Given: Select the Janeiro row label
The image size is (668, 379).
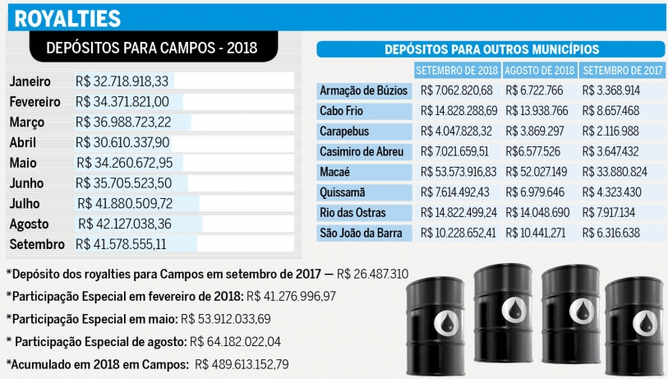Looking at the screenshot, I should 30,82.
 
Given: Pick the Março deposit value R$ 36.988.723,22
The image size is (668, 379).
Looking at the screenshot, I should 124,122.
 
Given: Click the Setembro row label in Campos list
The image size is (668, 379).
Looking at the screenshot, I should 36,245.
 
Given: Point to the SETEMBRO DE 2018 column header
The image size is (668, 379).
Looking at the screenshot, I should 457,70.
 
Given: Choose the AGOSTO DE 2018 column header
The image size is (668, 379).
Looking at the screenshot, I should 539,70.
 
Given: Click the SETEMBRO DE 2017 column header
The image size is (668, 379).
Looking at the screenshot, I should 620,70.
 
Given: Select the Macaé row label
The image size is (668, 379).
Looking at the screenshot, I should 336,172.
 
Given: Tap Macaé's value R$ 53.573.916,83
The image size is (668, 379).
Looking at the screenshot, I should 458,172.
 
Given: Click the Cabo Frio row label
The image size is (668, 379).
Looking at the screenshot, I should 343,110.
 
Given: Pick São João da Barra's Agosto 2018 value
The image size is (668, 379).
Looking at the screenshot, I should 537,233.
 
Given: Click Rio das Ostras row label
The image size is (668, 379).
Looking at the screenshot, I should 356,213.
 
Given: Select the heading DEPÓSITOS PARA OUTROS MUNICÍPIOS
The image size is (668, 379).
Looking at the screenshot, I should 491,49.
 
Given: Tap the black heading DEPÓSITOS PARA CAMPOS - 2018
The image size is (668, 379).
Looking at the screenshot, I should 151,48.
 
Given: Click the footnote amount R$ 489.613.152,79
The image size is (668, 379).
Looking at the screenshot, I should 242,363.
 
